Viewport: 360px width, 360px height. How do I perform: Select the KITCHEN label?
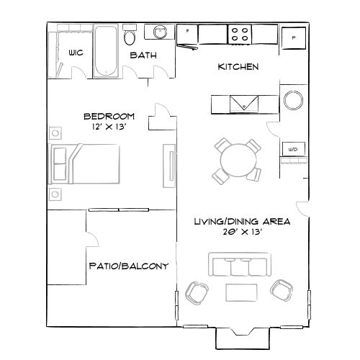(x=238, y=67)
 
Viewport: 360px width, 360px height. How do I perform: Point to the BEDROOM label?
(x=109, y=116)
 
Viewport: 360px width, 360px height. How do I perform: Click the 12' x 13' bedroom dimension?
(x=109, y=127)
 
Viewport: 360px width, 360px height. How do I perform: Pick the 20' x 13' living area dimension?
(x=241, y=233)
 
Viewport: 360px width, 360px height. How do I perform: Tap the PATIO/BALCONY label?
(x=129, y=266)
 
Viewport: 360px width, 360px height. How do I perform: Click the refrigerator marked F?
(x=189, y=33)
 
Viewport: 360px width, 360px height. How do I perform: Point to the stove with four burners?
(x=240, y=33)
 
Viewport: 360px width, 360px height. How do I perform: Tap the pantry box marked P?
(x=294, y=37)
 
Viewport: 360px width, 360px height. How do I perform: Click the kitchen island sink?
(x=245, y=104)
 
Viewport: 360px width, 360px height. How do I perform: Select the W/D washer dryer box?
(x=293, y=150)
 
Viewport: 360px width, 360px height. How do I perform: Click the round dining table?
(x=237, y=159)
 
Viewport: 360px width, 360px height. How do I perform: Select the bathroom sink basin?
(x=158, y=32)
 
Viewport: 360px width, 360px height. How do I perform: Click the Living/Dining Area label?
(x=241, y=222)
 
